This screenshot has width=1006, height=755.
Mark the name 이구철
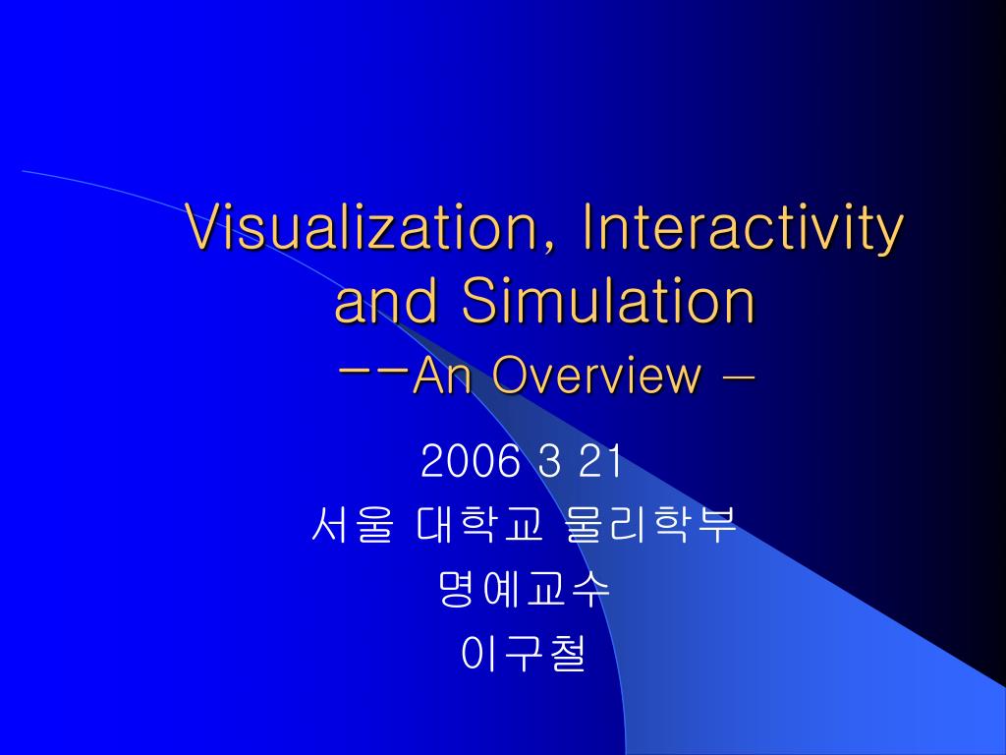click(x=524, y=654)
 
